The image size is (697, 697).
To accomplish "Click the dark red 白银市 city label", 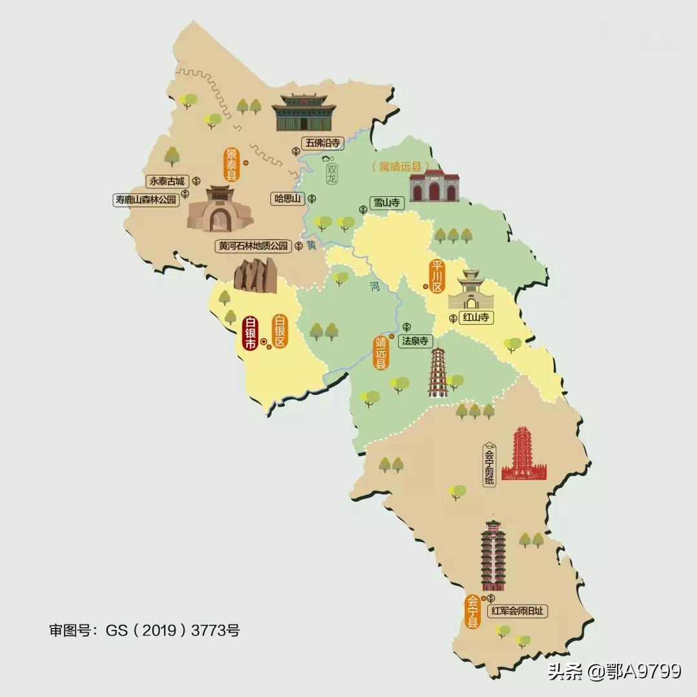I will pyautogui.click(x=250, y=334).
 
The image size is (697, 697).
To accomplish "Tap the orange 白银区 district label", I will pyautogui.click(x=279, y=331).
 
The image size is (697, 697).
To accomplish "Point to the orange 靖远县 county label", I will pyautogui.click(x=381, y=352).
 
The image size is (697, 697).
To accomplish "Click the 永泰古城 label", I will pyautogui.click(x=167, y=182).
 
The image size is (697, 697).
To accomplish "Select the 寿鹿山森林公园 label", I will pyautogui.click(x=145, y=200).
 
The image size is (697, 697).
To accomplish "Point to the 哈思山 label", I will pyautogui.click(x=288, y=199).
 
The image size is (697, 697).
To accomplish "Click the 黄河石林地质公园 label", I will pyautogui.click(x=254, y=246).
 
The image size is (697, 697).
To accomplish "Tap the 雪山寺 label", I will pyautogui.click(x=387, y=203).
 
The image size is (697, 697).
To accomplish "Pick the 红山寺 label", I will pyautogui.click(x=478, y=318).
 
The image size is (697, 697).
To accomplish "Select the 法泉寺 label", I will pyautogui.click(x=415, y=341).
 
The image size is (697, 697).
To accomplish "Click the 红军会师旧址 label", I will pyautogui.click(x=521, y=611).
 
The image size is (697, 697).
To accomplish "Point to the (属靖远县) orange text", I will pyautogui.click(x=400, y=167).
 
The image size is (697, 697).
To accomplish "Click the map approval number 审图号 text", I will pyautogui.click(x=144, y=630).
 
